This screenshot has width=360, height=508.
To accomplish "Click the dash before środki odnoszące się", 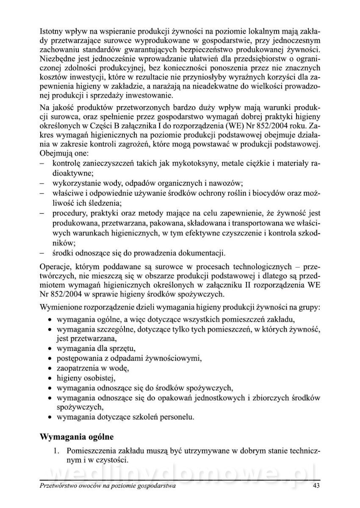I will (42, 254).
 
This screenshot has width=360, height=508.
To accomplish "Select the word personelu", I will (177, 417).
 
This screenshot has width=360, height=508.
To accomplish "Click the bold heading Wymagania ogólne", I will (77, 436).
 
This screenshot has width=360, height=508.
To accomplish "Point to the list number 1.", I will (56, 450).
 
